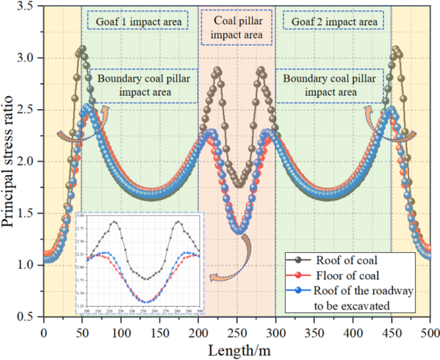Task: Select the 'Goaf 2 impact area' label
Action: tap(334, 22)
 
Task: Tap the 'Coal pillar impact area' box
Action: tap(236, 28)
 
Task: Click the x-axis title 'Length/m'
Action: tap(237, 350)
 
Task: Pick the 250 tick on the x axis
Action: tap(237, 333)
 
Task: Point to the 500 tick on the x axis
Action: tap(430, 333)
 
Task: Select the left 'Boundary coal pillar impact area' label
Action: tap(143, 86)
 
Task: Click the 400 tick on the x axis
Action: tap(353, 333)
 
